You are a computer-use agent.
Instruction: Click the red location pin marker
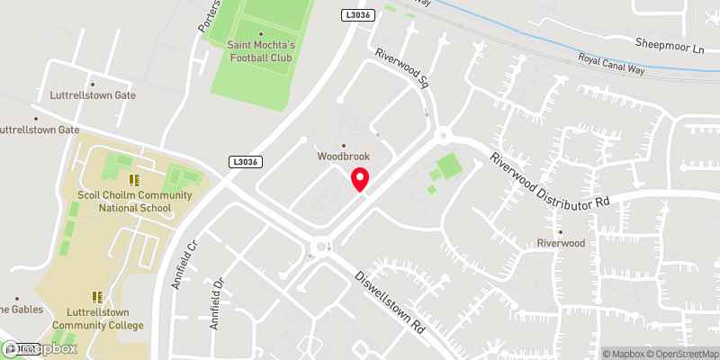pyautogui.click(x=360, y=180)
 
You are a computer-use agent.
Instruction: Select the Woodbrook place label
pyautogui.click(x=343, y=156)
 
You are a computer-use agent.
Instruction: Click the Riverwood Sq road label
pyautogui.click(x=401, y=68)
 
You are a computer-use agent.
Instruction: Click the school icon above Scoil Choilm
pyautogui.click(x=133, y=180)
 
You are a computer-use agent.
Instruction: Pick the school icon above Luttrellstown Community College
pyautogui.click(x=97, y=296)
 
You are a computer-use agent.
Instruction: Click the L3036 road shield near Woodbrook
pyautogui.click(x=244, y=162)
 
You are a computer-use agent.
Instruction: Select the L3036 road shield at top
pyautogui.click(x=356, y=14)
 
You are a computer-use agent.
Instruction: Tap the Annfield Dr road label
pyautogui.click(x=216, y=302)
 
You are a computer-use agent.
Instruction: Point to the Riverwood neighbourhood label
pyautogui.click(x=561, y=243)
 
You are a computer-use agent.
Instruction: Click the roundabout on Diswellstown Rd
pyautogui.click(x=319, y=245)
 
